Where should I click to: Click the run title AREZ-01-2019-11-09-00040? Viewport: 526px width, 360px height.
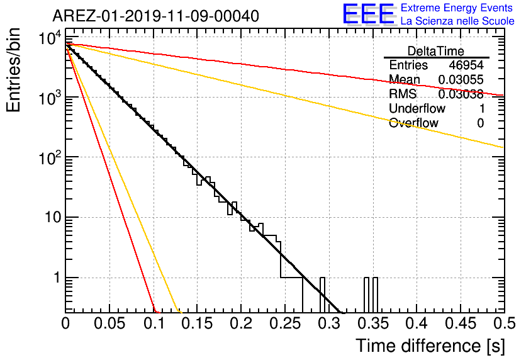coord(155,16)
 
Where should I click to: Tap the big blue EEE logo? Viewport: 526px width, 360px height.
coord(369,14)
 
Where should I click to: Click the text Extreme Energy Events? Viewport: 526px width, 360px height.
coord(457,8)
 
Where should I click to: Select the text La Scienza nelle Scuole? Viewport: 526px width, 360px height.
coord(457,21)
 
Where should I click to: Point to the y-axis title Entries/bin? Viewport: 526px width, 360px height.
coord(13,70)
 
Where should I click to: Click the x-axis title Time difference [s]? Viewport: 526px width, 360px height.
coord(430,346)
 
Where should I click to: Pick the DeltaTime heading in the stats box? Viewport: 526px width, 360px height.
coord(436,51)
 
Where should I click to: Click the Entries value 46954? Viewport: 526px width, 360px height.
coord(466,65)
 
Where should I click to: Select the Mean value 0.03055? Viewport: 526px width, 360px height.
coord(461,79)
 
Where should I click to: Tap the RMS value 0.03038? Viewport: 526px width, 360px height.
coord(461,94)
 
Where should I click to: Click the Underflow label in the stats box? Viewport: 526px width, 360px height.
coord(417,108)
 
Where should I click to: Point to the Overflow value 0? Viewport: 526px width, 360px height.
coord(480,123)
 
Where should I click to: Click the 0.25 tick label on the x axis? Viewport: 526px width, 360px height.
coord(285,323)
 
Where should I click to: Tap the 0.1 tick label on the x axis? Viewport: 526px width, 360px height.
coord(154,323)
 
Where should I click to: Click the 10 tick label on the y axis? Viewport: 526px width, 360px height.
coord(53,217)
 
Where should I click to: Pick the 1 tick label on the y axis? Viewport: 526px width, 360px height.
coord(57,278)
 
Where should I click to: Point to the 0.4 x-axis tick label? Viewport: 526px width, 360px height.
coord(416,323)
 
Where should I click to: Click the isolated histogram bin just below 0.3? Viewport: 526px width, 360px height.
coord(322,295)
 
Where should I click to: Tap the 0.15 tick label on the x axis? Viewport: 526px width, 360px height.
coord(198,323)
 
